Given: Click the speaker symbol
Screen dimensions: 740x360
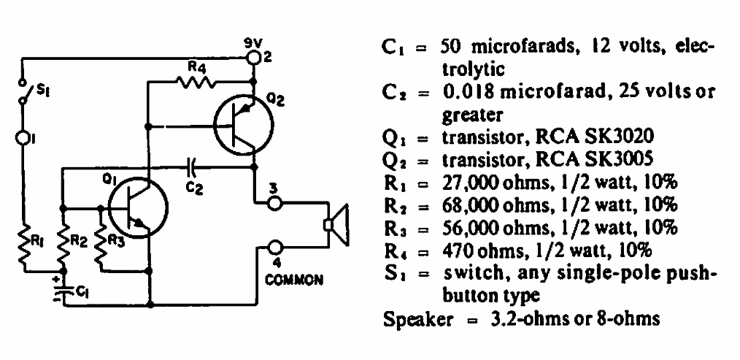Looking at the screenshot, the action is tap(336, 225).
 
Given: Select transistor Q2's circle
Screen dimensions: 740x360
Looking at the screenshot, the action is tap(243, 125).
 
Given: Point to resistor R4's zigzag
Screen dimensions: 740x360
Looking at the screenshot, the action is tap(196, 83).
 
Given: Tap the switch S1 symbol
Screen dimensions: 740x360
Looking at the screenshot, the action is tap(23, 91).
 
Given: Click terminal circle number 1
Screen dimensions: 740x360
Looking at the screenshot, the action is tap(22, 137).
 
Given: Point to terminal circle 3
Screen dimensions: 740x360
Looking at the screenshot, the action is tap(274, 204).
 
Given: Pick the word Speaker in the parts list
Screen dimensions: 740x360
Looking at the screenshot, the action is tap(417, 321).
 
